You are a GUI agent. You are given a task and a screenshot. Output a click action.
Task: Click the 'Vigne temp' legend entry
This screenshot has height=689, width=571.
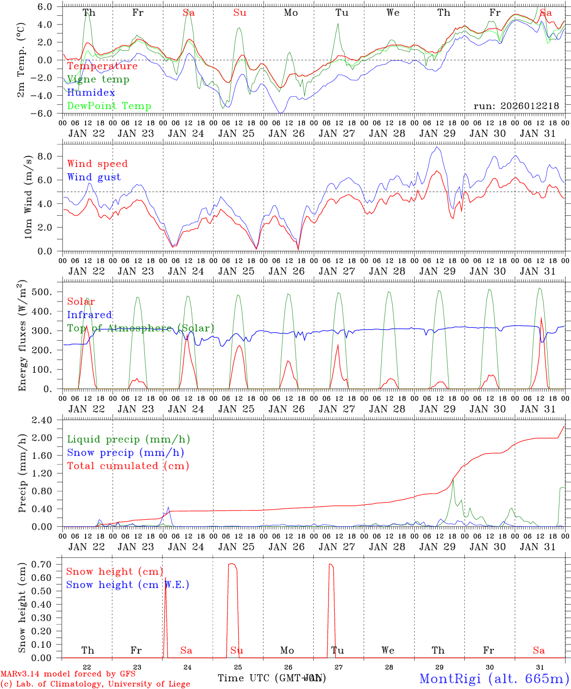coord(98,79)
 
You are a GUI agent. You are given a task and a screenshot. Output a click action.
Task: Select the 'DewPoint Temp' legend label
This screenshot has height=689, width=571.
coord(109,106)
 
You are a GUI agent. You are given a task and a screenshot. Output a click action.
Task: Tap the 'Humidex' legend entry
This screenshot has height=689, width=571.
coord(91,93)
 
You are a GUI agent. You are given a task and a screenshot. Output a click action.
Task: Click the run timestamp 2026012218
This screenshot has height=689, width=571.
coord(516,106)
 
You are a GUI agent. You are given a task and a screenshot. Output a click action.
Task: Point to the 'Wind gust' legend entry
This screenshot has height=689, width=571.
coord(94,177)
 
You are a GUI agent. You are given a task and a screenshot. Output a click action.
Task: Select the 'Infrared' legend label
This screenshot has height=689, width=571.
coord(89,315)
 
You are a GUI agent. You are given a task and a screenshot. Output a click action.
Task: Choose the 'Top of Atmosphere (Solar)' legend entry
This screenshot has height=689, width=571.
coord(141,328)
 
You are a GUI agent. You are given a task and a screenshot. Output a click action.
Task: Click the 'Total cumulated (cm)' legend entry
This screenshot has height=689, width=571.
coord(128,466)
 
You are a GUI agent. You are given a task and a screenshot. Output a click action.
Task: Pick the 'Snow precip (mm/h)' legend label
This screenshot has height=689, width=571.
coord(125,453)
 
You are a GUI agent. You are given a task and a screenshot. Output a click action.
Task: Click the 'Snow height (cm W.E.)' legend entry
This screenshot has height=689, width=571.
coord(128,585)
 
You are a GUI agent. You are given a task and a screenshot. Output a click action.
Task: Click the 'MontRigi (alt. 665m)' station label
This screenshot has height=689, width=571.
coord(494,678)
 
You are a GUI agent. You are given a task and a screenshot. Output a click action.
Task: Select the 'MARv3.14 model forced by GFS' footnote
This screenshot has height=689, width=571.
coord(68,674)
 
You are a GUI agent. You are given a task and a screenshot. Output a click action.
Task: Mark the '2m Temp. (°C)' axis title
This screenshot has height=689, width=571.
coord(22,60)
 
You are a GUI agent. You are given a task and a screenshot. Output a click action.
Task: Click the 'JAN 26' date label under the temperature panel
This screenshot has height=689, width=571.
coord(286,134)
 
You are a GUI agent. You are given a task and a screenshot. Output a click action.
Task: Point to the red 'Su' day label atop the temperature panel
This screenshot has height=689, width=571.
coord(240,13)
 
